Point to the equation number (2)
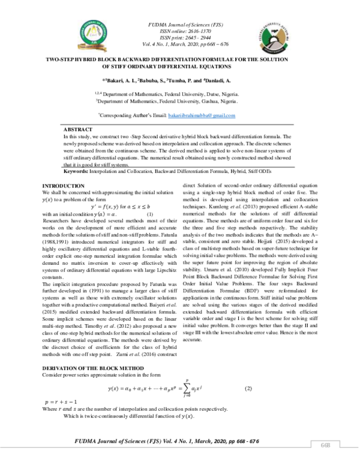(x=248, y=389)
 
